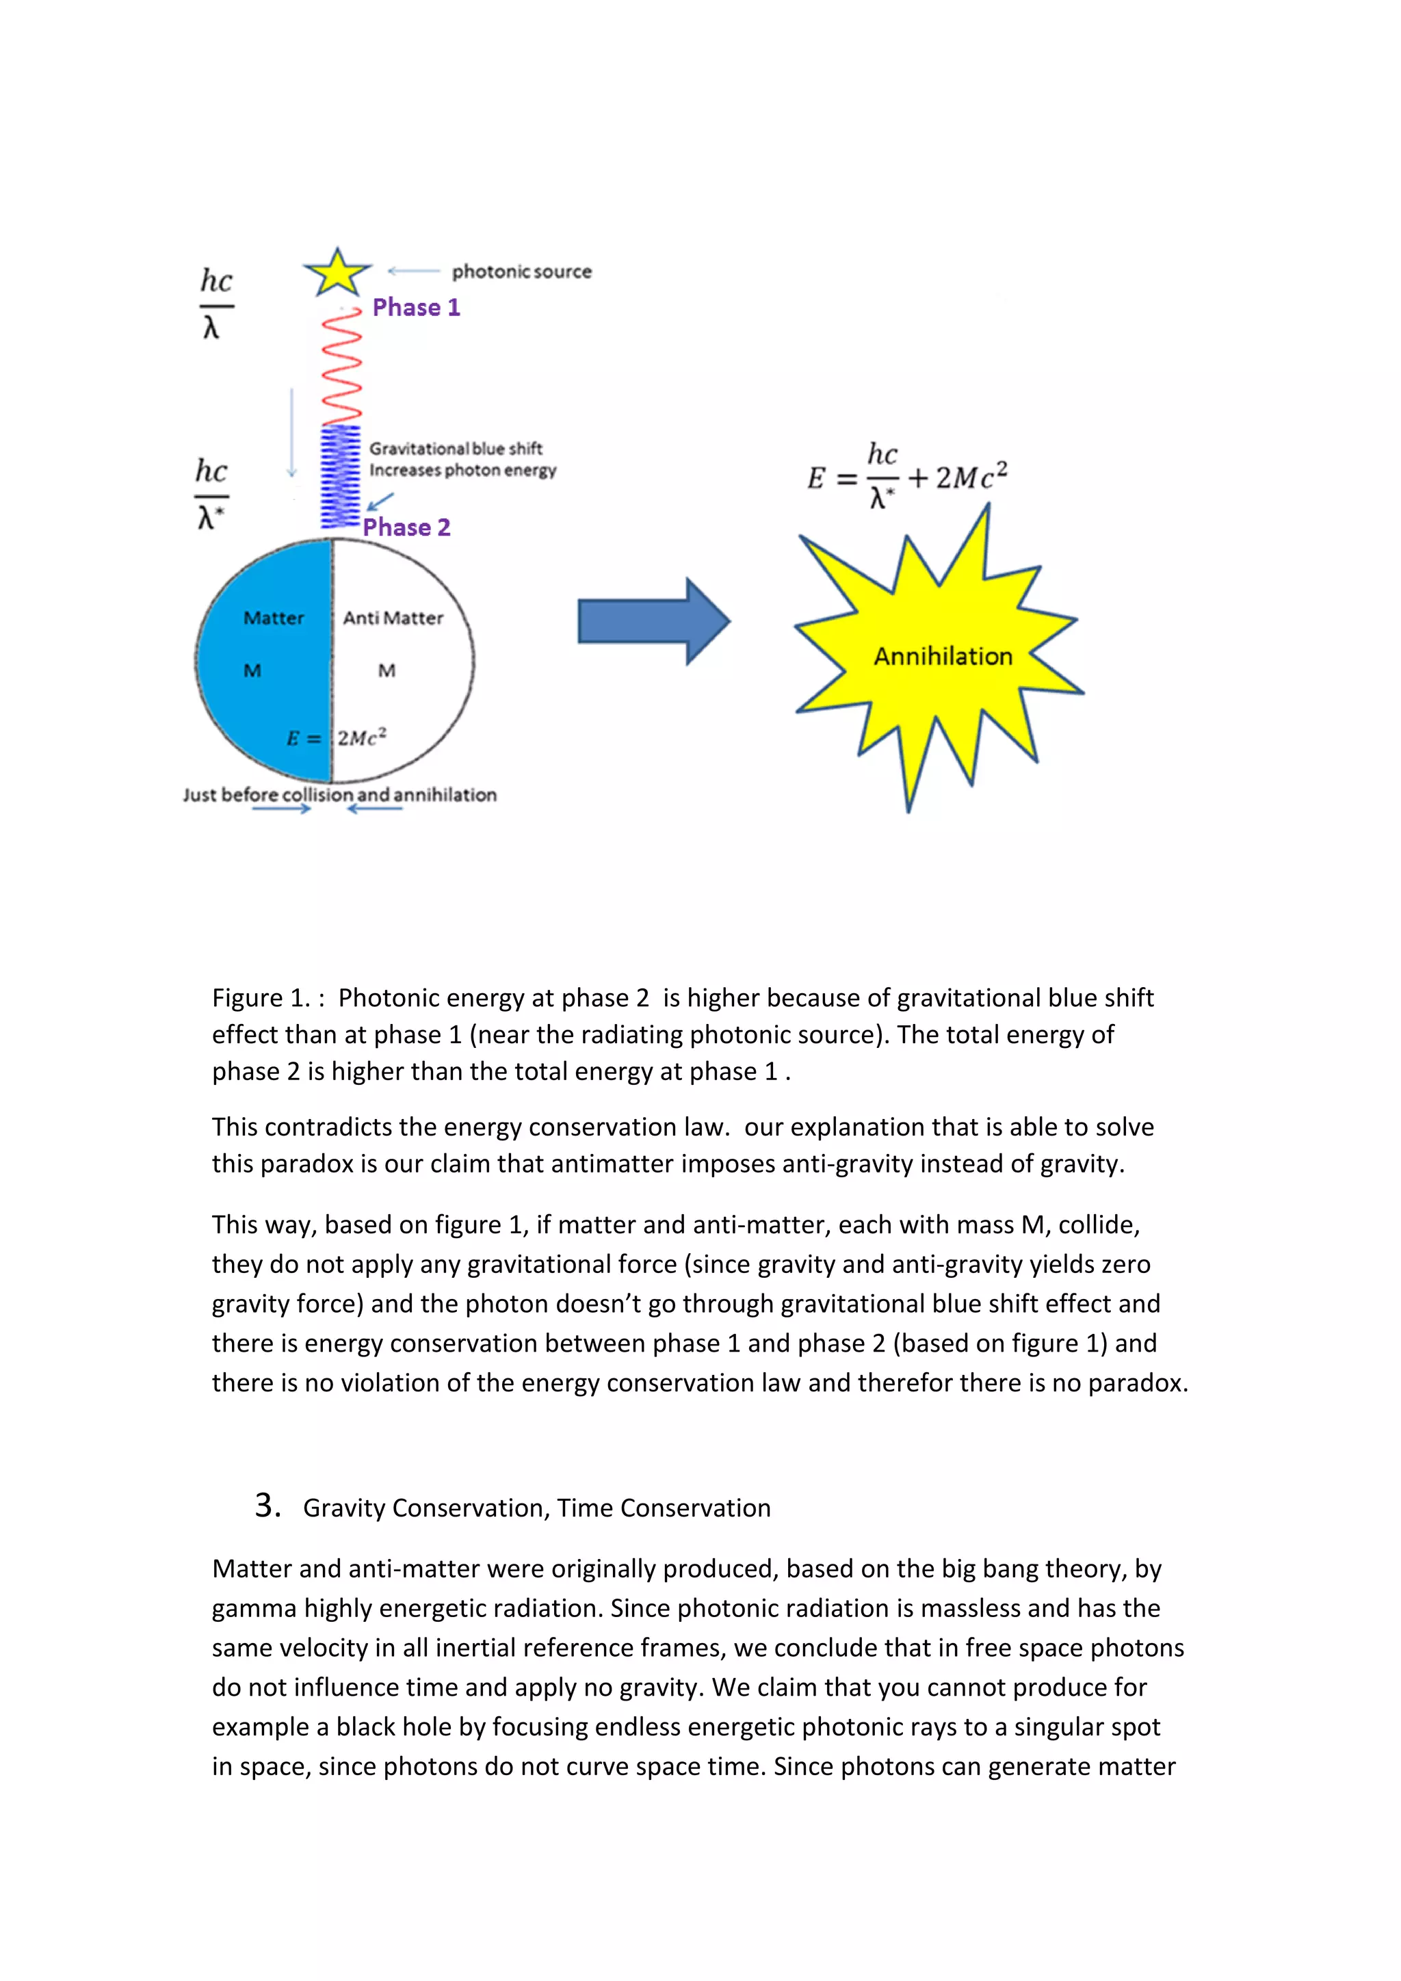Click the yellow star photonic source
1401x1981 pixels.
click(x=337, y=274)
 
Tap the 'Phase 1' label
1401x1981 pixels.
click(x=416, y=307)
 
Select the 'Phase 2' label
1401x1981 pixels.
click(x=406, y=527)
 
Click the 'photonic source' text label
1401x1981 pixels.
click(x=522, y=272)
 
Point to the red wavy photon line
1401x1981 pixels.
click(x=341, y=367)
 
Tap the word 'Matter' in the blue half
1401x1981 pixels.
click(x=274, y=618)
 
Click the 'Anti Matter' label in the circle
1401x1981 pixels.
click(x=393, y=618)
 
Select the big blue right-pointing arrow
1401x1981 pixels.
click(x=653, y=621)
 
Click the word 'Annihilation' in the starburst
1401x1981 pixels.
click(x=943, y=657)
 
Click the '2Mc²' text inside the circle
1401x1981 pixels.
click(x=361, y=737)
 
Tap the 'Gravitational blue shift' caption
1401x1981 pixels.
click(x=456, y=449)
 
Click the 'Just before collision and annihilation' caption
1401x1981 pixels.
click(x=339, y=795)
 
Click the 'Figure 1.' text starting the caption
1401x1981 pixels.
click(x=261, y=998)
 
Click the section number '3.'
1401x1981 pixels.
click(x=267, y=1506)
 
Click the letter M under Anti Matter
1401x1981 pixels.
click(x=387, y=670)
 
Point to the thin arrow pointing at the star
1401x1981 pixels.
click(x=414, y=271)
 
